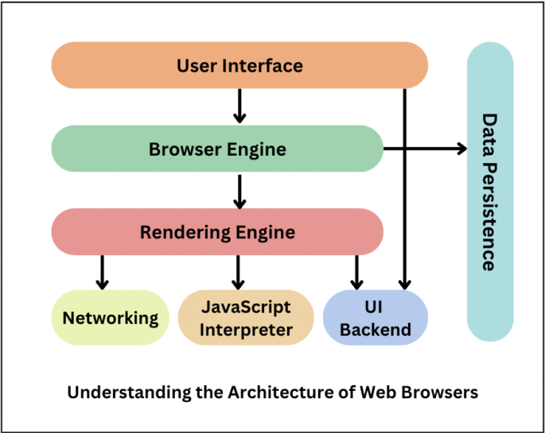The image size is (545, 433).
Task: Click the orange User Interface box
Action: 239,65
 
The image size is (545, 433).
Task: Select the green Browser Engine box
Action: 217,149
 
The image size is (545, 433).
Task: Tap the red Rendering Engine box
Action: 217,232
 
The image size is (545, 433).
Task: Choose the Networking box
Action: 111,318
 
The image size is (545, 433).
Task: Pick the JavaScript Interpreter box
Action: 245,318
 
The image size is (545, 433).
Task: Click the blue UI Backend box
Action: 375,318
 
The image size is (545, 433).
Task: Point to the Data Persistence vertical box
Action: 489,192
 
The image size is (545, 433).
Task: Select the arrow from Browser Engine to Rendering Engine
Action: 239,191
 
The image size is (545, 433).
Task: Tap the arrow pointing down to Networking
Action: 101,272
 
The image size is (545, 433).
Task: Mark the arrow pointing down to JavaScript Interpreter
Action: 237,272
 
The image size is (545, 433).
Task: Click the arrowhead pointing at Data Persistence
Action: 461,149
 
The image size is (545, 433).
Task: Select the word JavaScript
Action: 245,307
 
